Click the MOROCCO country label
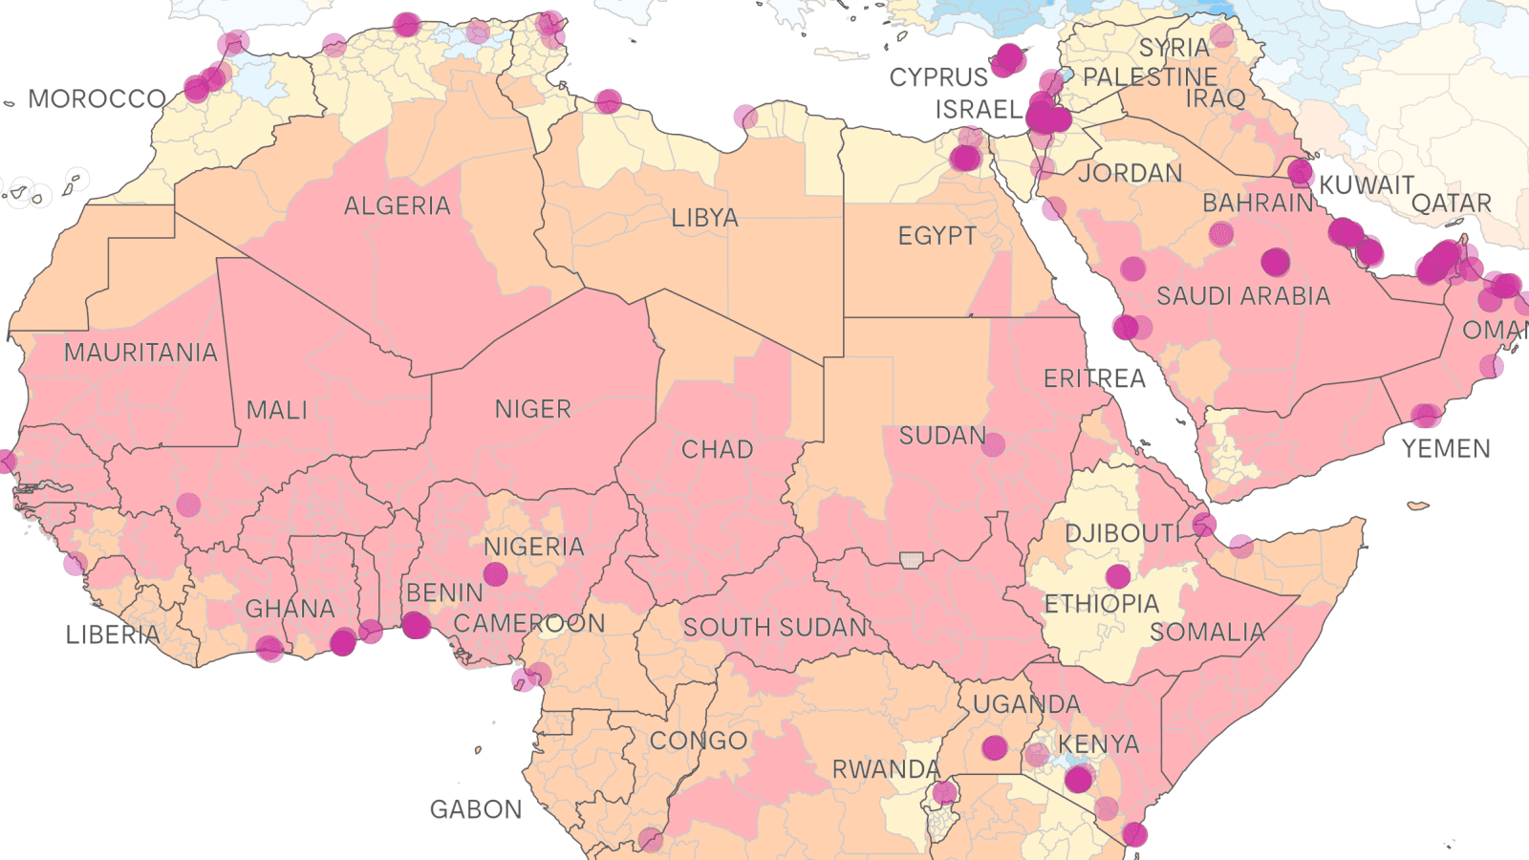point(97,99)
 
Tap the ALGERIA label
point(397,205)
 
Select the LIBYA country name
point(704,218)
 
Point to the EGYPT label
point(937,236)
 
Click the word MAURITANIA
point(140,353)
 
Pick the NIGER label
point(532,409)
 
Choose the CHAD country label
point(717,449)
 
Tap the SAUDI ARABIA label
point(1242,296)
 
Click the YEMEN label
point(1445,448)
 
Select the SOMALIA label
point(1207,632)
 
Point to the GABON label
point(476,809)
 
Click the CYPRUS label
point(937,77)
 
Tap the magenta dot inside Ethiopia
point(1118,576)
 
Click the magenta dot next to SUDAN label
point(993,443)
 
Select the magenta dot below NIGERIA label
point(495,574)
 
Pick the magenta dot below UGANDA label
point(995,747)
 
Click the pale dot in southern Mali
point(188,505)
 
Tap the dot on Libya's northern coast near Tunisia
point(608,101)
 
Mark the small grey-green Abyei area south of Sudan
point(912,559)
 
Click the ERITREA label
point(1093,379)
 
